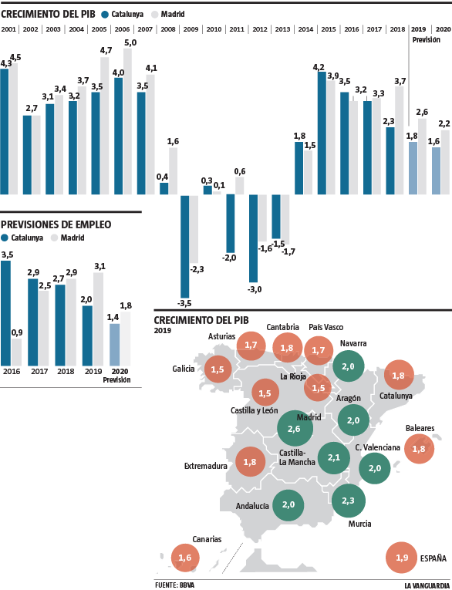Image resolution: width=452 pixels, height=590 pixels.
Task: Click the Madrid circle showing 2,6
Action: point(293,428)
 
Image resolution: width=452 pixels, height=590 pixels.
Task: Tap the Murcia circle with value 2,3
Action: point(348,500)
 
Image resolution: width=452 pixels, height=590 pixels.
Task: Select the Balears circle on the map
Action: point(419,448)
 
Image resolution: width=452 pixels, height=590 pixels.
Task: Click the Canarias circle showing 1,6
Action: point(184,558)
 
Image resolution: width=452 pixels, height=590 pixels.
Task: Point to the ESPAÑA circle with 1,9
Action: point(402,558)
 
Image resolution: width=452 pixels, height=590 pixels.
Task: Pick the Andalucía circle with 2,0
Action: point(288,504)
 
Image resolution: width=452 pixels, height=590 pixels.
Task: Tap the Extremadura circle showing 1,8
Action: point(250,462)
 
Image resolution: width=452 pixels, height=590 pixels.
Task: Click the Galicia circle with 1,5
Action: point(217,370)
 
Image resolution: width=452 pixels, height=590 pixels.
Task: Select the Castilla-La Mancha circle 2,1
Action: point(334,458)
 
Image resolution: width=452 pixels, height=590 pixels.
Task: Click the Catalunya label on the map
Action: point(396,396)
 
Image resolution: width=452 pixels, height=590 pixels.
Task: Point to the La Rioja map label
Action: point(293,377)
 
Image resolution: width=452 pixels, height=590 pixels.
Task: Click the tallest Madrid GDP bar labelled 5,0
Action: point(127,121)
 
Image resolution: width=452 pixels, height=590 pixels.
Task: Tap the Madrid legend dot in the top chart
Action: point(154,14)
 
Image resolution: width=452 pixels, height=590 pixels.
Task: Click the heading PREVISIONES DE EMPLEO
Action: point(56,224)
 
